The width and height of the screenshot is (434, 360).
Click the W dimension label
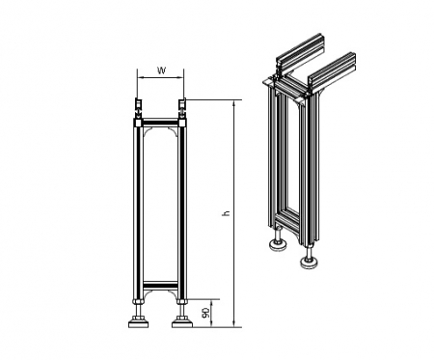coord(161,70)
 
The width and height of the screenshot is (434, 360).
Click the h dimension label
coord(227,213)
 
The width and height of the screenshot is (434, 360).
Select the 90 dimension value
coord(205,313)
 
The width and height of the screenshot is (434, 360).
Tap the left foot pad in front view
coord(138,322)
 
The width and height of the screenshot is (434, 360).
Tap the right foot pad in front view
coord(182,322)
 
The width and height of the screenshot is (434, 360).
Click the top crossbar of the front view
coord(160,123)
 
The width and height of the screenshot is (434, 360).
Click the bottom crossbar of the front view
coord(160,286)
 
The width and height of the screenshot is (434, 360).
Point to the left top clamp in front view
coord(137,108)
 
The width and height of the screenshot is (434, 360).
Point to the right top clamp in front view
coord(182,108)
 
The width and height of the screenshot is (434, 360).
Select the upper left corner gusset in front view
coord(148,132)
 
